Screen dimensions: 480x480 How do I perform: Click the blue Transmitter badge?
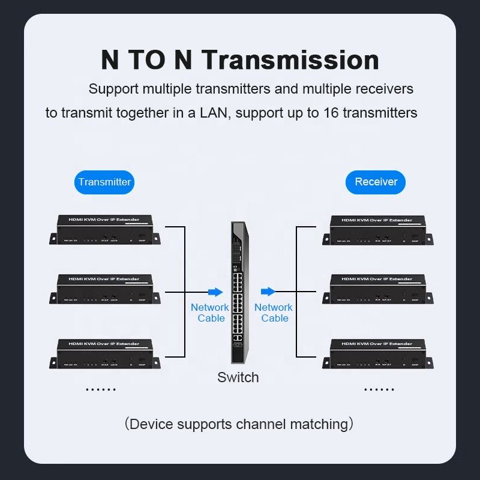[x=104, y=182]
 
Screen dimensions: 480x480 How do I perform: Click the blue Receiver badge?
[x=376, y=182]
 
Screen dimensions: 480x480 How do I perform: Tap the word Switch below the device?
[x=238, y=377]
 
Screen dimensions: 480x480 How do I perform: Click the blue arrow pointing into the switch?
[x=215, y=292]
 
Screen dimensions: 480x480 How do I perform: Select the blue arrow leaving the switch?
[x=268, y=292]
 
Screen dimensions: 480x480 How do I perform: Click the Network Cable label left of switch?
[x=210, y=313]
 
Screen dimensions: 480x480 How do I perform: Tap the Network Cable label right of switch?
[x=274, y=313]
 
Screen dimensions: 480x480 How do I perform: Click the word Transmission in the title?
[x=290, y=61]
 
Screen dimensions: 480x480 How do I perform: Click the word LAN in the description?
[x=214, y=113]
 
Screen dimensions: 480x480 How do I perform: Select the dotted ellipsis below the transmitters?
[x=100, y=390]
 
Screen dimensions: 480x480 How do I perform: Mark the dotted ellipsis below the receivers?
[x=379, y=390]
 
